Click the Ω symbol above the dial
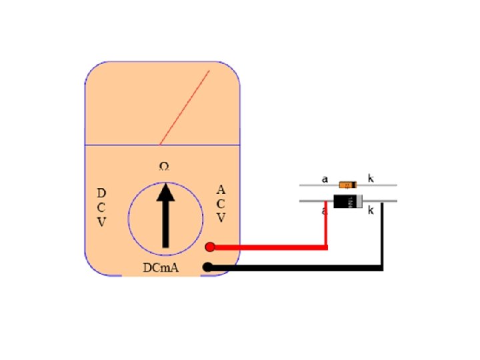163,166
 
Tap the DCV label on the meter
101,207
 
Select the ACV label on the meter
221,204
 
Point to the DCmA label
161,268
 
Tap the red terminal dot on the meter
209,247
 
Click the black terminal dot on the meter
207,267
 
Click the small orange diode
347,185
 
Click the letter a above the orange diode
325,179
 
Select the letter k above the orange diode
371,179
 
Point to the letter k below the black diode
371,211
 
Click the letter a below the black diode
323,211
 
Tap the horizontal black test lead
293,268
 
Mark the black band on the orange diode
351,185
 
